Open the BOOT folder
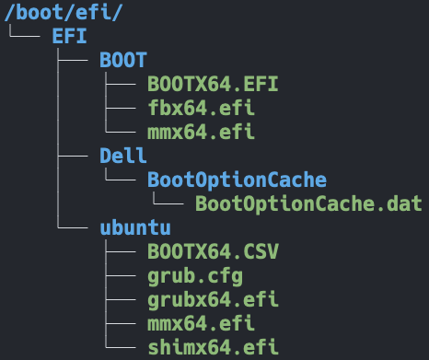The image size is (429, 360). point(123,61)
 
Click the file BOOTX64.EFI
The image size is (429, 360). point(213,85)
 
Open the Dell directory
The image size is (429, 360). point(123,156)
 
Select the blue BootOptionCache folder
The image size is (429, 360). point(237,180)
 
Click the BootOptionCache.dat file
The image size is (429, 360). point(308,203)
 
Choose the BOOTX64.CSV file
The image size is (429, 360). point(213,251)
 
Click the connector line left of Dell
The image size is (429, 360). point(73,156)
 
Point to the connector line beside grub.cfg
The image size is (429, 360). point(122,275)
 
